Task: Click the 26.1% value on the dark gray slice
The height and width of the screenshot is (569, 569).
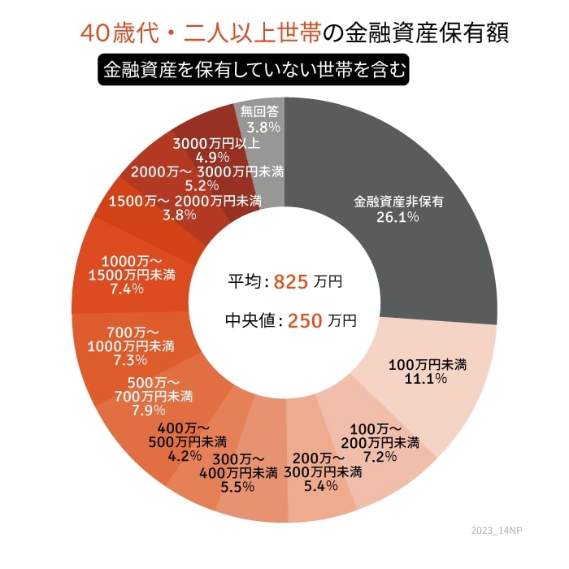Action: (x=397, y=217)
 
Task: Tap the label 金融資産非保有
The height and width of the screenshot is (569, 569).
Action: (x=397, y=201)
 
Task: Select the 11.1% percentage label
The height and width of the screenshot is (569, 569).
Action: (x=432, y=379)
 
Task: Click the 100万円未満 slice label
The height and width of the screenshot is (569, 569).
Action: (x=432, y=363)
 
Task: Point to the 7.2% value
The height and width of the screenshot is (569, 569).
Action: (x=380, y=457)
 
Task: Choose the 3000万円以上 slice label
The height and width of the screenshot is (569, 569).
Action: (x=217, y=143)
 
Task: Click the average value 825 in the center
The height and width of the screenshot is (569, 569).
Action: (x=290, y=282)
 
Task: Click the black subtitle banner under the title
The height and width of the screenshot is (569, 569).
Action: (x=253, y=69)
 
